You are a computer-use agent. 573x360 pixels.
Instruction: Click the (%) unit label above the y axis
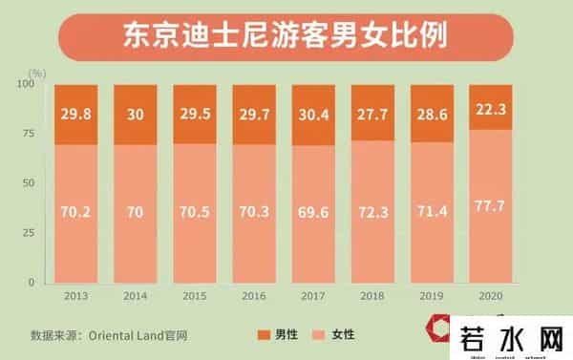point(37,72)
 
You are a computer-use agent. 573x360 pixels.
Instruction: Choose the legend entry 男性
point(279,334)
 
